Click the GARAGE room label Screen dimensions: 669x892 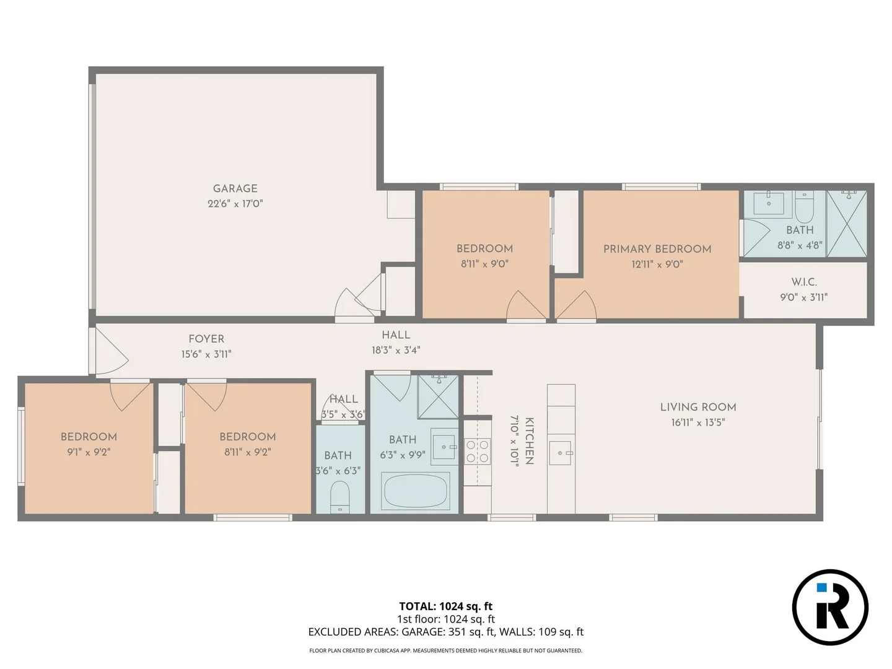(235, 188)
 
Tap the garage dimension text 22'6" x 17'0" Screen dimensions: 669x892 (235, 204)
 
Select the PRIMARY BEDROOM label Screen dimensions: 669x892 (657, 249)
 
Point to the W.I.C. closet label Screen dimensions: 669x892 (803, 282)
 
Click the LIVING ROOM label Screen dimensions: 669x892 (698, 407)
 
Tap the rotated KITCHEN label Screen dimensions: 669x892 (529, 440)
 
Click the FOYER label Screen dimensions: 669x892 (206, 339)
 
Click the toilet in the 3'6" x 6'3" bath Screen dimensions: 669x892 (339, 497)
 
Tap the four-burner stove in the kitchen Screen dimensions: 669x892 (477, 451)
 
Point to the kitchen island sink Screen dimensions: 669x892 (561, 453)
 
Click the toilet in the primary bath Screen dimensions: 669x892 (804, 208)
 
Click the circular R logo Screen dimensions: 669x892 (830, 607)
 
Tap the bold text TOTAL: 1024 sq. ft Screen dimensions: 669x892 (445, 606)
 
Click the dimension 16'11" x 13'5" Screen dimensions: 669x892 (698, 422)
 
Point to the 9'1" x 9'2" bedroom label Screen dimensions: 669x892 (89, 437)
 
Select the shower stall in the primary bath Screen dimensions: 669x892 (847, 224)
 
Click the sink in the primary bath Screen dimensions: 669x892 (769, 203)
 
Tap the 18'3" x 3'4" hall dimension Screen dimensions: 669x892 (396, 350)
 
